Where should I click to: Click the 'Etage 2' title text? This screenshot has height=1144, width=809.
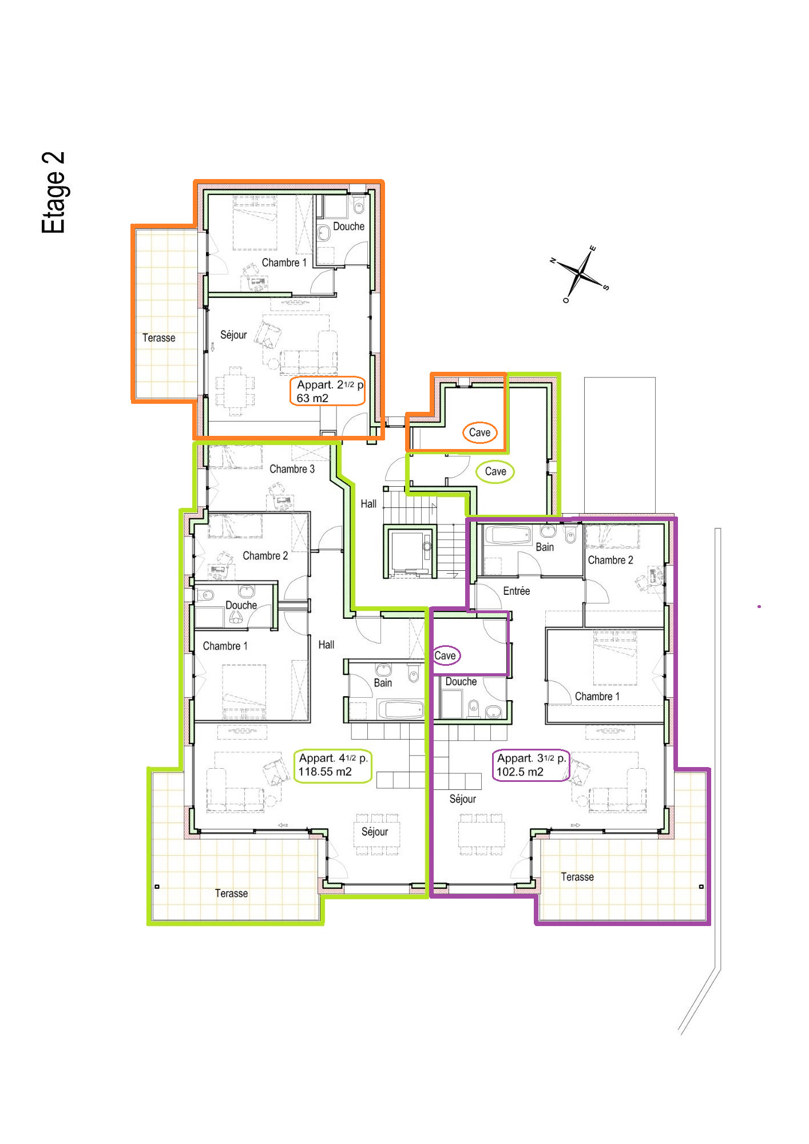pos(53,193)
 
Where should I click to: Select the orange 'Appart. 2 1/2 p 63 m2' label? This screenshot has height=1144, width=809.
pos(328,391)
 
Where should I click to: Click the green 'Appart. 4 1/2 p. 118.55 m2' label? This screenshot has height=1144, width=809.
pos(333,765)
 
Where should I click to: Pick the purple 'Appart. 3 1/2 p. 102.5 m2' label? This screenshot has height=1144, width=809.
pos(531,765)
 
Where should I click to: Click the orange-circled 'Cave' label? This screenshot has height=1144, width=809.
pos(479,432)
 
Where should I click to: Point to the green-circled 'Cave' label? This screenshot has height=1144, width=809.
pos(495,471)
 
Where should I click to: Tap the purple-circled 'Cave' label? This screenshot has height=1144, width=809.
pos(445,656)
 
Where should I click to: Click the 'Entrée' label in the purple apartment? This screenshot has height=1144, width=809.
pos(516,591)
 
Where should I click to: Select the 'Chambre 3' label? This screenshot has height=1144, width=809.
pos(292,469)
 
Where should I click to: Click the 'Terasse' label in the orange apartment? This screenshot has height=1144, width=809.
pos(158,338)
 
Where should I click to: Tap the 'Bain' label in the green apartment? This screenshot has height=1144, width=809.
pos(383,683)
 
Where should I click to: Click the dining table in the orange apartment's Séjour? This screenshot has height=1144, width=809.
pos(235,391)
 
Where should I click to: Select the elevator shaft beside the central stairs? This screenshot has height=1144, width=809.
pos(410,551)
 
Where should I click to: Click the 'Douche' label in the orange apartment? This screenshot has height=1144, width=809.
pos(348,227)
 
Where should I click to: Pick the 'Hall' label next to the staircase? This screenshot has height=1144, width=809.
pos(368,504)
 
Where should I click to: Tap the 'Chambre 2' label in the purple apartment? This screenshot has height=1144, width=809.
pos(610,560)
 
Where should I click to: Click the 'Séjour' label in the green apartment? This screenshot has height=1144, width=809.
pos(374,832)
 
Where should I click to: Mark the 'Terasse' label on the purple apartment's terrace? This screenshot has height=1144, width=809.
pos(577,877)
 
